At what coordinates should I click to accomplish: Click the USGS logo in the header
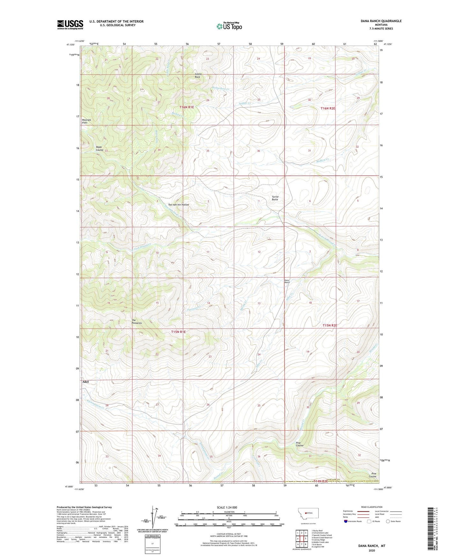70,25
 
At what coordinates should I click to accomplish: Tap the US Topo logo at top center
229,26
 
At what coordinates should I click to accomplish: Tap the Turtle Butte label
275,198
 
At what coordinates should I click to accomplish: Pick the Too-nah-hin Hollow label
178,204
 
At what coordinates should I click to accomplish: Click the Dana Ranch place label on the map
287,281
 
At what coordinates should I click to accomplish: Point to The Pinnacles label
137,322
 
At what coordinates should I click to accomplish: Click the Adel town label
85,382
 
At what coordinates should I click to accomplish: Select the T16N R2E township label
328,108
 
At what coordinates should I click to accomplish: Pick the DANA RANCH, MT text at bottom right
372,546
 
